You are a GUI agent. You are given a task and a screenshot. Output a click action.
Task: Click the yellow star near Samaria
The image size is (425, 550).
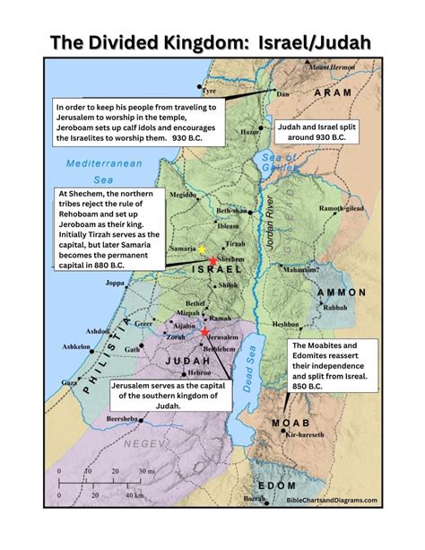[202, 248]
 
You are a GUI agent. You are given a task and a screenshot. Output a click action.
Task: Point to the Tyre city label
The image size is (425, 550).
[212, 92]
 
